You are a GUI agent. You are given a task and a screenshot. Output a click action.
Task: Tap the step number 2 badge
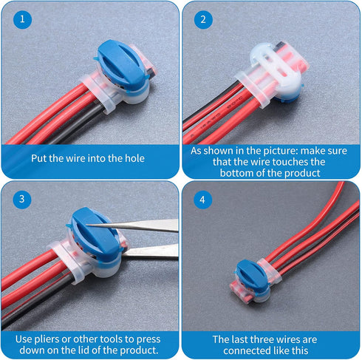pos(202,20)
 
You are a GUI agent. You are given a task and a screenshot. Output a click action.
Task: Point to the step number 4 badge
pos(202,199)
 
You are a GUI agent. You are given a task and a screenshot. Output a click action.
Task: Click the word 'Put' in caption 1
pos(41,157)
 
